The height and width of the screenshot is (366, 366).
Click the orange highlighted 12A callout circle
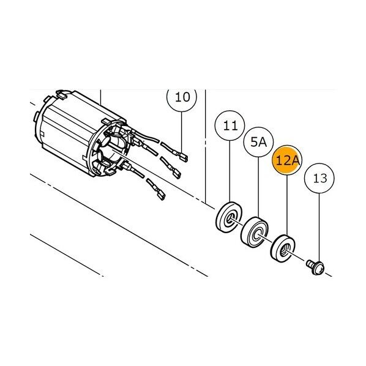(x=287, y=160)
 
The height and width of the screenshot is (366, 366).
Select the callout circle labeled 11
(x=230, y=125)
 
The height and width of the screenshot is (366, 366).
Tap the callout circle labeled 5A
(x=258, y=142)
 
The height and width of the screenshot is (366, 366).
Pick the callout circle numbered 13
(x=319, y=178)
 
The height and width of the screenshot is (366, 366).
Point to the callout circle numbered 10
(x=182, y=97)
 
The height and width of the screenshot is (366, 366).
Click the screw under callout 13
(x=315, y=267)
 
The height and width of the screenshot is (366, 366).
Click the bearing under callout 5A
(x=255, y=232)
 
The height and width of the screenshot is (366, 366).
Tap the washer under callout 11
(x=229, y=217)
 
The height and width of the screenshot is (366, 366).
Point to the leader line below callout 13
(x=319, y=228)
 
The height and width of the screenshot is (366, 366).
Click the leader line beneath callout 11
(x=230, y=171)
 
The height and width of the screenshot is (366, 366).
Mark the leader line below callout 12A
(x=287, y=206)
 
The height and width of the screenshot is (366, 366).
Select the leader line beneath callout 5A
(x=258, y=187)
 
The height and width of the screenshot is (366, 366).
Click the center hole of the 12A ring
(x=285, y=250)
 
